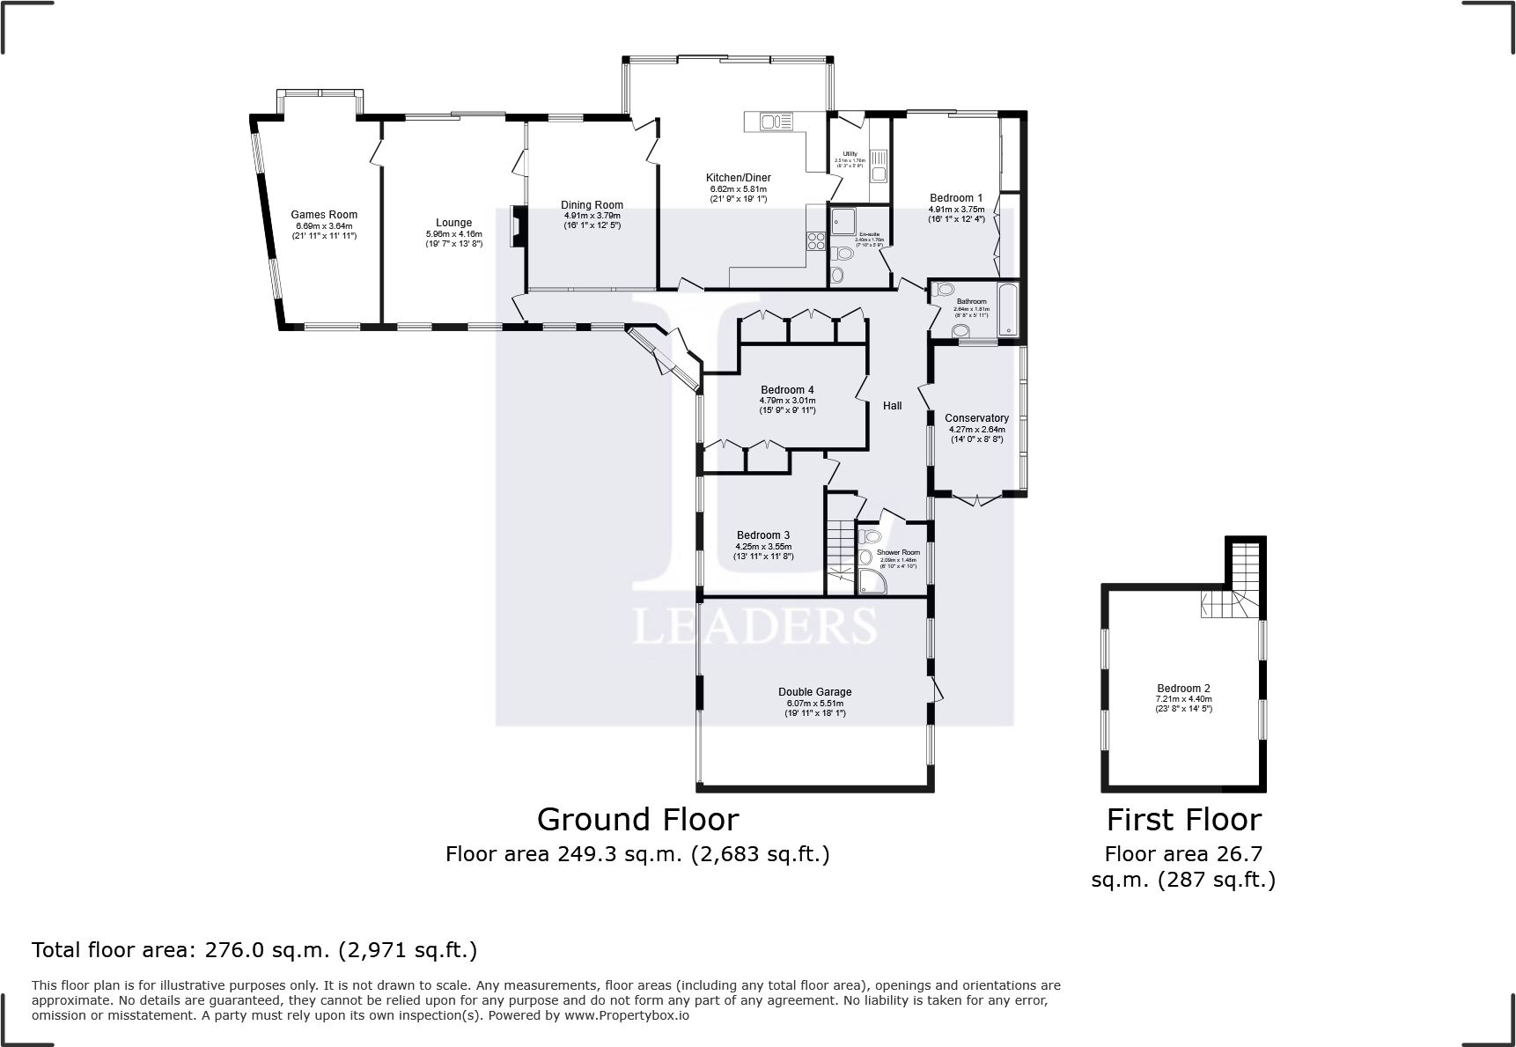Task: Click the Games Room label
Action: click(x=324, y=215)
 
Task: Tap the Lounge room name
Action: click(x=453, y=223)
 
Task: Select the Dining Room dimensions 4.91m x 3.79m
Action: click(x=592, y=216)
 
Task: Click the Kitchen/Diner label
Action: click(x=738, y=178)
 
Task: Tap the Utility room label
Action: click(x=850, y=154)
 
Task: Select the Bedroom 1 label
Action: click(x=956, y=198)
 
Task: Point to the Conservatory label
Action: click(x=976, y=418)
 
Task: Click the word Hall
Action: click(x=892, y=406)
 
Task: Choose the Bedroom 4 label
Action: click(x=787, y=390)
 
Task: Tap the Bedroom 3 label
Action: click(x=762, y=535)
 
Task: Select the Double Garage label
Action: click(x=814, y=692)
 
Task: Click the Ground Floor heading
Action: click(x=637, y=820)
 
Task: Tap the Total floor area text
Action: click(x=254, y=950)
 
